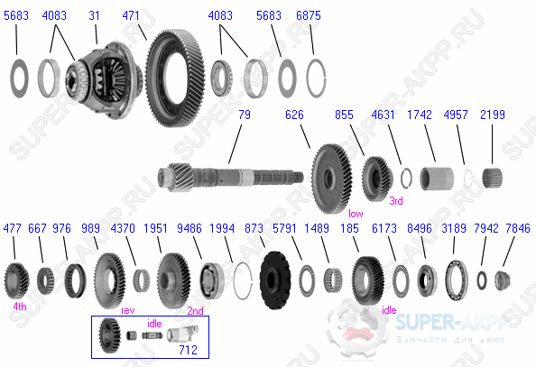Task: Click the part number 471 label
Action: click(132, 15)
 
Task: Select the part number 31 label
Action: click(95, 15)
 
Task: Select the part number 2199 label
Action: click(494, 115)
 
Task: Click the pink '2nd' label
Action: click(194, 309)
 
